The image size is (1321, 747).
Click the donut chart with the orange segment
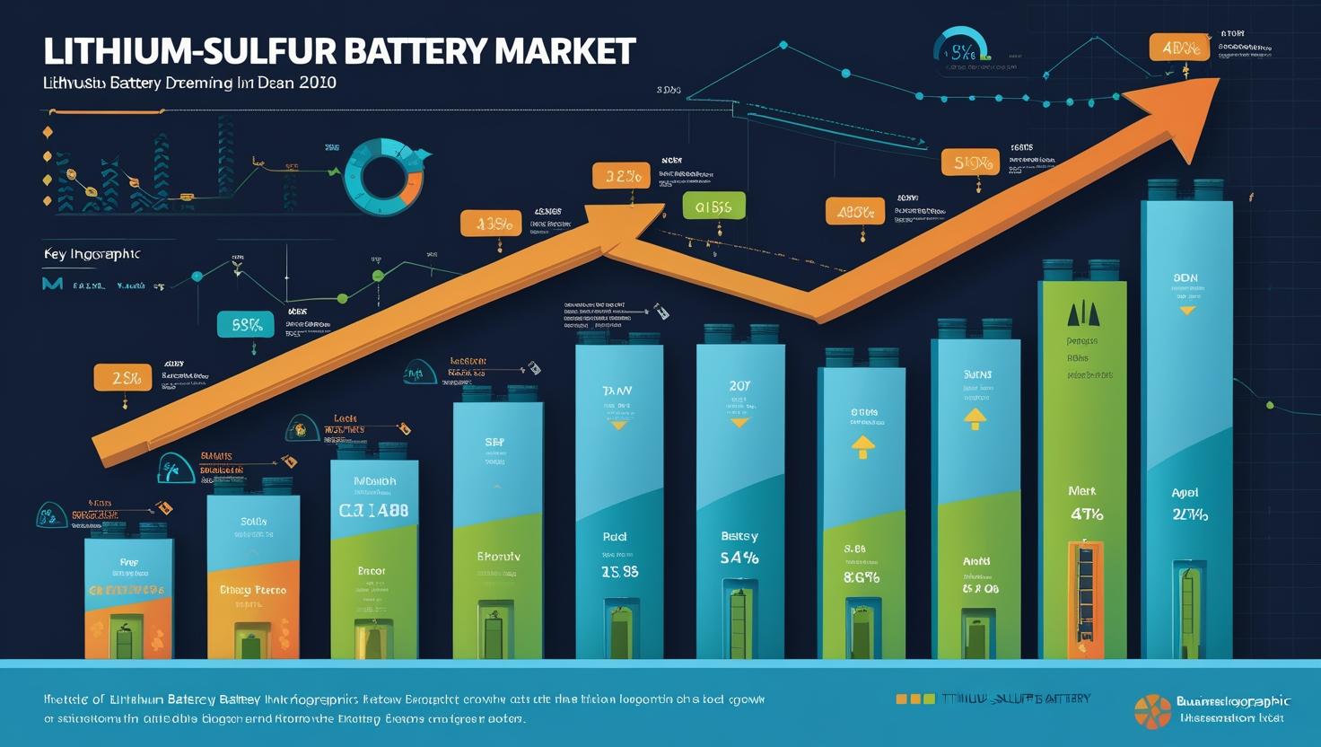click(384, 169)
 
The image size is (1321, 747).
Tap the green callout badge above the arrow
click(713, 207)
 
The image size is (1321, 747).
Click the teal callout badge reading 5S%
click(246, 325)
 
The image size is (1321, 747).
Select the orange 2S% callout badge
click(124, 378)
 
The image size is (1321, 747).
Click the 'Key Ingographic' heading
click(92, 254)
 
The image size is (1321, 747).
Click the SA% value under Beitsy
click(739, 558)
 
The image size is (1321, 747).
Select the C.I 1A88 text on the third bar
click(373, 510)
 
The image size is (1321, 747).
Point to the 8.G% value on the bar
click(861, 577)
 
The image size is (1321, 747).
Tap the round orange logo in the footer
click(1152, 711)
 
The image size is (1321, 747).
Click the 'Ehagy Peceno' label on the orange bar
click(253, 590)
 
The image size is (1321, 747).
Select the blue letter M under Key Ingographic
click(52, 285)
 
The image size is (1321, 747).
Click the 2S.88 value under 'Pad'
click(619, 571)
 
